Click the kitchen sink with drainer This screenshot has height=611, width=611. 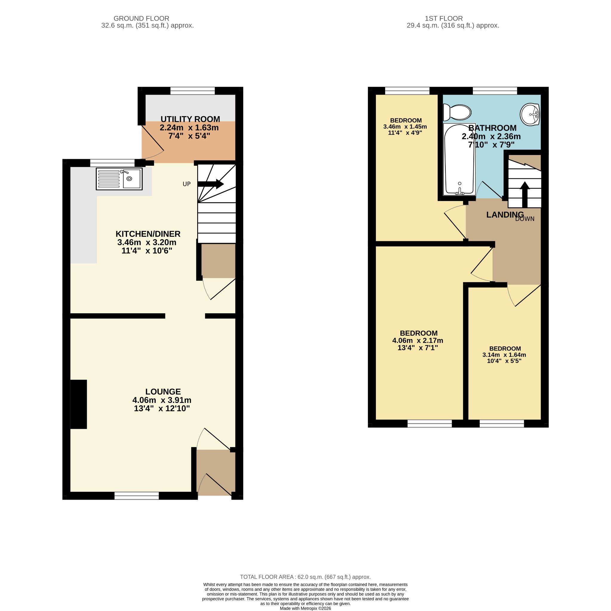119,179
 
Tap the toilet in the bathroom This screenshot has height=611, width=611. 457,112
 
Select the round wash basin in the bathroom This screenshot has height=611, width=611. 530,114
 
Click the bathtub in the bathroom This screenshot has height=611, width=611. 459,159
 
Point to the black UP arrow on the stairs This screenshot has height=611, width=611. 211,184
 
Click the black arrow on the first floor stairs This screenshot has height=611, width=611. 525,190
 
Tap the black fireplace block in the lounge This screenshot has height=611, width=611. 78,404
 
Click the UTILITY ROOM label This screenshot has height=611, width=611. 190,119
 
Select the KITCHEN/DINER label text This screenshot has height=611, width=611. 148,234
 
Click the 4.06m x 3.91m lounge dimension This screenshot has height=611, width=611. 162,400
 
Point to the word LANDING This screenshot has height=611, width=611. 505,215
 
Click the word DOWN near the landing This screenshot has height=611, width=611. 525,219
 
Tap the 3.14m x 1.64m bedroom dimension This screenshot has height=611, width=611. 504,355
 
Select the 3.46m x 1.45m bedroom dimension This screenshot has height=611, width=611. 405,127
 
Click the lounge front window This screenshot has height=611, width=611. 136,496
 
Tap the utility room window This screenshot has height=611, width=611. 192,91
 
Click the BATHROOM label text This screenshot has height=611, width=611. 492,128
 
